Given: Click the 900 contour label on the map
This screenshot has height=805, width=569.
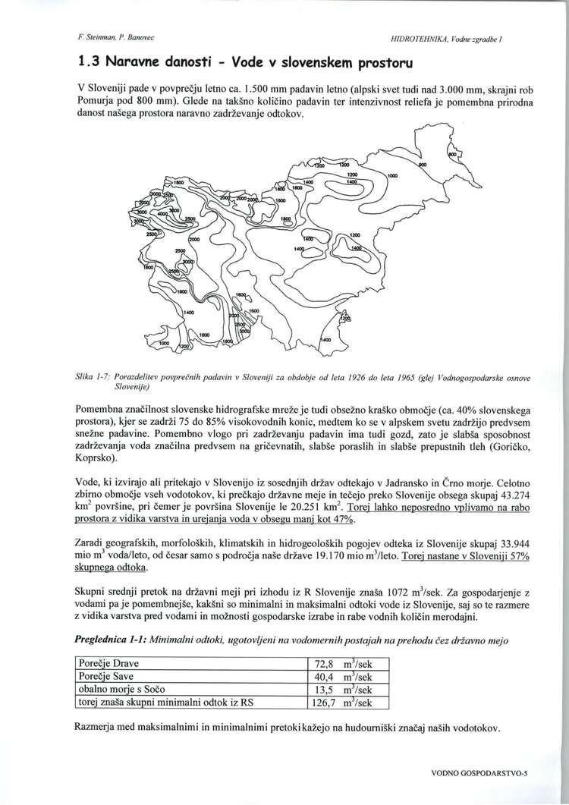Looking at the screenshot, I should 423,163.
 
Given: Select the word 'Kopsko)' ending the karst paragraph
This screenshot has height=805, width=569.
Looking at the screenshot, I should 96,460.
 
